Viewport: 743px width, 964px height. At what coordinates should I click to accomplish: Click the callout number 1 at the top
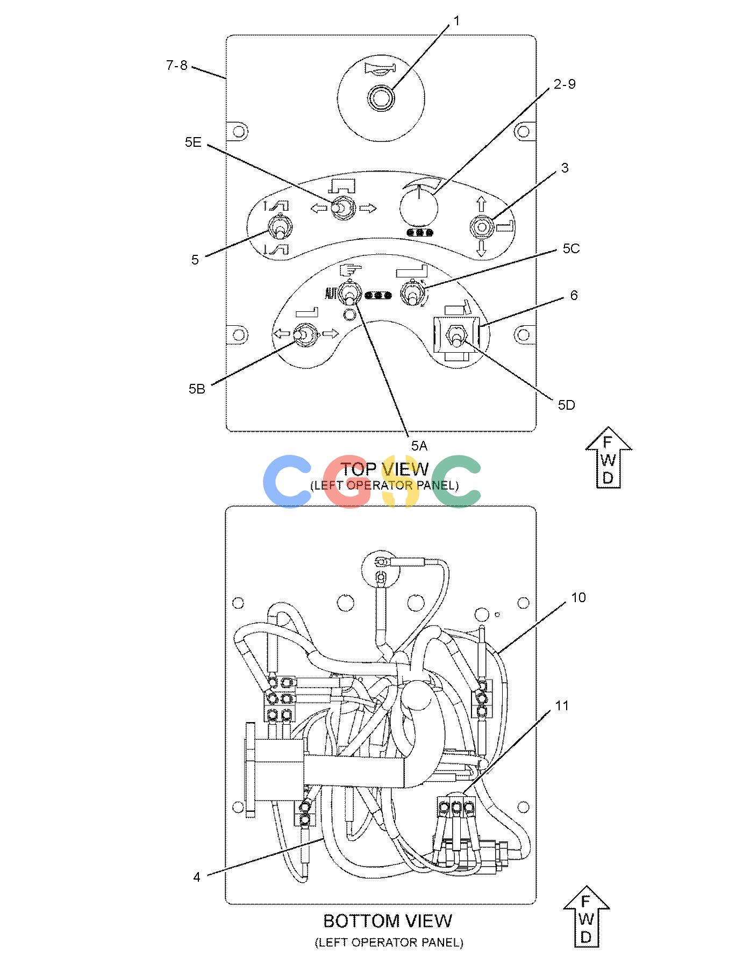click(x=456, y=22)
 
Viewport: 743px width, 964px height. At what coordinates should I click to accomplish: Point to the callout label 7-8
click(x=177, y=66)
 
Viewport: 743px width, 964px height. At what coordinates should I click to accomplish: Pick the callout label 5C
click(x=571, y=249)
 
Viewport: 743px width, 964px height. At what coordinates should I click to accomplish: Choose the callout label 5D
click(x=566, y=405)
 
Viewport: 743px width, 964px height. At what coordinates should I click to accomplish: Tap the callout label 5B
click(x=197, y=389)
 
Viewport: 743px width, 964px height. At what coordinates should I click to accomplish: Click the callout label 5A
click(x=419, y=445)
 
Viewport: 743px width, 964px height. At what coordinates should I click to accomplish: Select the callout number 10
click(x=578, y=597)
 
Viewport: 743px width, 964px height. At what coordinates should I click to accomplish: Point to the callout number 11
click(x=562, y=705)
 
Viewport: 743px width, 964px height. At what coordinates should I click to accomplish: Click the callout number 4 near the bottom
click(x=197, y=877)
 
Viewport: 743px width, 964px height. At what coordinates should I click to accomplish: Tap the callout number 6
click(x=574, y=295)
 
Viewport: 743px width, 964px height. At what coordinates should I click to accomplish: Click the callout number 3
click(x=565, y=168)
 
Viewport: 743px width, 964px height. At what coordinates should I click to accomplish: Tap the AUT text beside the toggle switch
click(x=331, y=294)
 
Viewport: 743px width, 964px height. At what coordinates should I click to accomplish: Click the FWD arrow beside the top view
click(x=608, y=458)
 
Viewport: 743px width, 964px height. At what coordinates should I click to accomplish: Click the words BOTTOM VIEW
click(x=388, y=920)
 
